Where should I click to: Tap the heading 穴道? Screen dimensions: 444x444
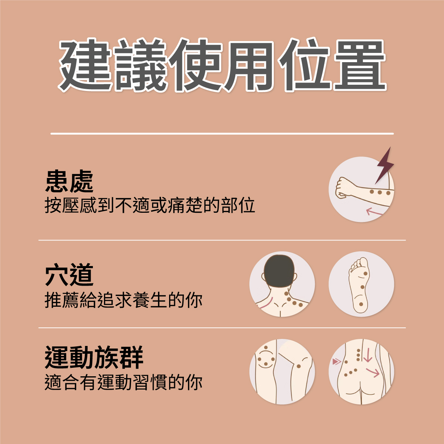point(69,275)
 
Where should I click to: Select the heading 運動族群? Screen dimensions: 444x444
point(94,357)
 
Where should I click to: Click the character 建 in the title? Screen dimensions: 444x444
point(85,65)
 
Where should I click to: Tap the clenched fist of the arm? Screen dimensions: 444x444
point(343,188)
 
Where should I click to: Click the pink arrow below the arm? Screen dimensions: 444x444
point(374,212)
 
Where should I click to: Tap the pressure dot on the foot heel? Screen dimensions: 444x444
point(361,305)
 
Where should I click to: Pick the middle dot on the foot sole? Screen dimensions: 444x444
point(362,287)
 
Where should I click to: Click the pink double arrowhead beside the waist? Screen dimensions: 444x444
point(337,361)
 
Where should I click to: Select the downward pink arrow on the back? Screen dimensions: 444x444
point(368,355)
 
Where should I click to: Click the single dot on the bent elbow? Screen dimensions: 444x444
point(299,366)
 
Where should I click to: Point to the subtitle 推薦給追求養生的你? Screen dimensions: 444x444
point(124,300)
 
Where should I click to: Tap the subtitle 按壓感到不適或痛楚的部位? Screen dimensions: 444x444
point(150,205)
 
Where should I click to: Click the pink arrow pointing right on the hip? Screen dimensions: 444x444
point(372,373)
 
